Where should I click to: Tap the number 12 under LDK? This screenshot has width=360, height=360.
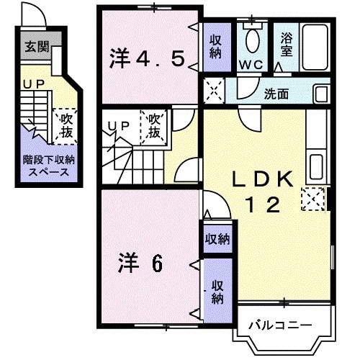[x=264, y=206]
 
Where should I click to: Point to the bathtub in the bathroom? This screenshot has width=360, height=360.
[x=315, y=44]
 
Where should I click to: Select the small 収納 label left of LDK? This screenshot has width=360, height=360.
[x=217, y=238]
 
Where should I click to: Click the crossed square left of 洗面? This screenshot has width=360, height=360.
[x=212, y=91]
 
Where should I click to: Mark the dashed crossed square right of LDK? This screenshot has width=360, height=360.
[x=313, y=197]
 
